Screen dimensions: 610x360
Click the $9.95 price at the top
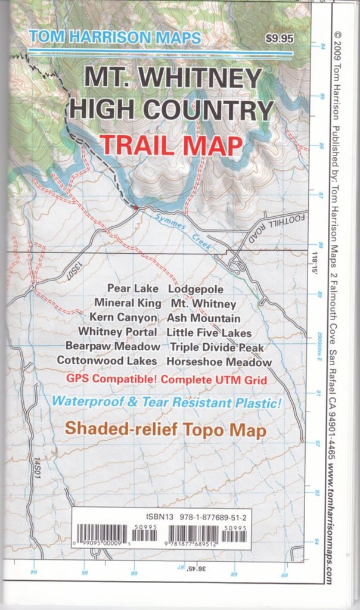pos(280,40)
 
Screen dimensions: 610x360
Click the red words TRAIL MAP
pos(171,145)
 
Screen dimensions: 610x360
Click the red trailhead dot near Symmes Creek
pos(136,207)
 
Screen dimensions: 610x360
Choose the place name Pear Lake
pos(133,290)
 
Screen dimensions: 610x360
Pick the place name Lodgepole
pos(196,290)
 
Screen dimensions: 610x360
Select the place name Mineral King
pos(128,303)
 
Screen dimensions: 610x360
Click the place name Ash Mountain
pos(203,318)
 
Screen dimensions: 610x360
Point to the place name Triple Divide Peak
pos(217,347)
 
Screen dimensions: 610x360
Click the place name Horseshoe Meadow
pos(219,361)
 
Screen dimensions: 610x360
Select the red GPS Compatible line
pos(166,379)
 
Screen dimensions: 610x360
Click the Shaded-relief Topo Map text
pos(165,429)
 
